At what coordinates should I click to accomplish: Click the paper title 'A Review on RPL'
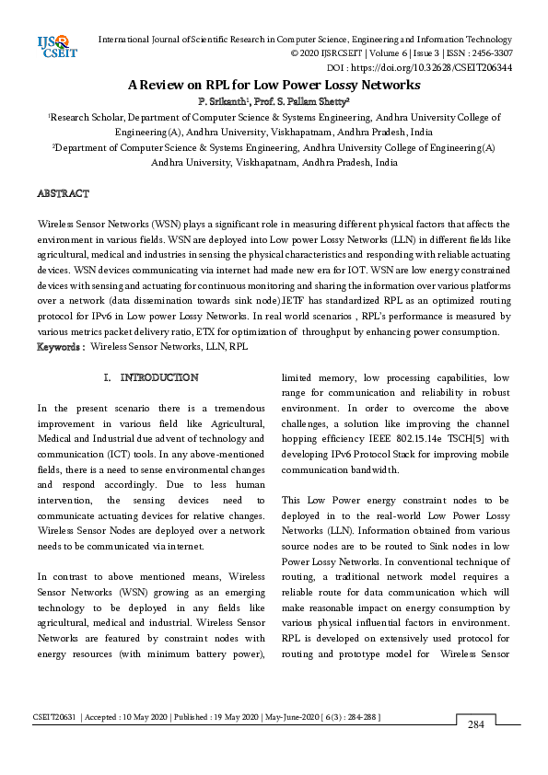pyautogui.click(x=274, y=84)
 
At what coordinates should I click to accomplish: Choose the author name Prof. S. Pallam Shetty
pyautogui.click(x=297, y=99)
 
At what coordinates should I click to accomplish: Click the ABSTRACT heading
pyautogui.click(x=63, y=194)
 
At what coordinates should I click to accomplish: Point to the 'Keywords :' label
pyautogui.click(x=61, y=347)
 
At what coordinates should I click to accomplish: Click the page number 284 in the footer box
pyautogui.click(x=475, y=725)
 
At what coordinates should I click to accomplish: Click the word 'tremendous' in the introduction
pyautogui.click(x=227, y=408)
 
